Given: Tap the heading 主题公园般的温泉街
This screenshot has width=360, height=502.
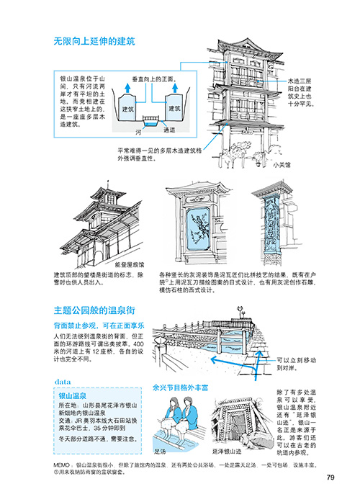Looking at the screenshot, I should pos(94,310).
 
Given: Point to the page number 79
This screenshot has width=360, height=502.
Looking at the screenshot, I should pos(330,476).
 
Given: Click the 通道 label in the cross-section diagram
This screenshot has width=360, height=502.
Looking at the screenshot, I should pos(169,130).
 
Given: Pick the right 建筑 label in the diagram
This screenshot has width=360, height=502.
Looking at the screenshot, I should pos(174,108).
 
